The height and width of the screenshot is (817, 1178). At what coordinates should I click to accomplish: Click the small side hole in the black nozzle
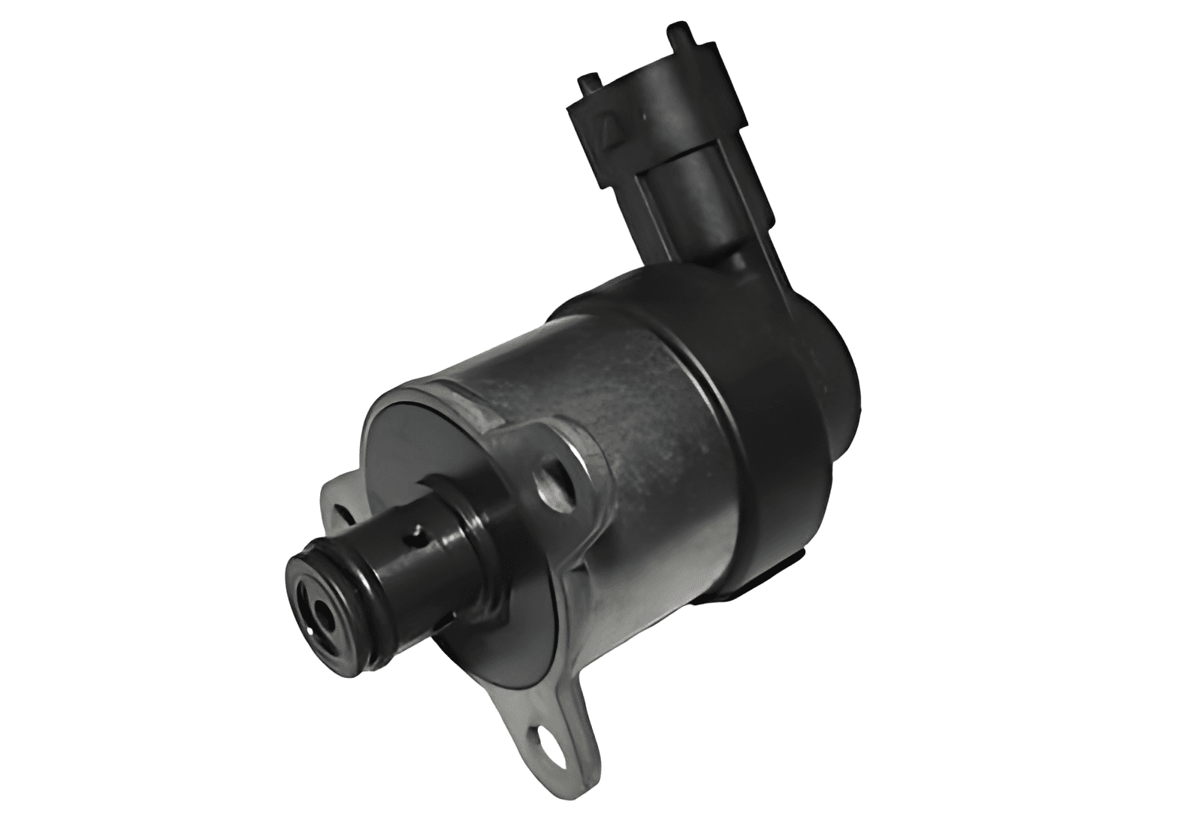(x=410, y=534)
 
